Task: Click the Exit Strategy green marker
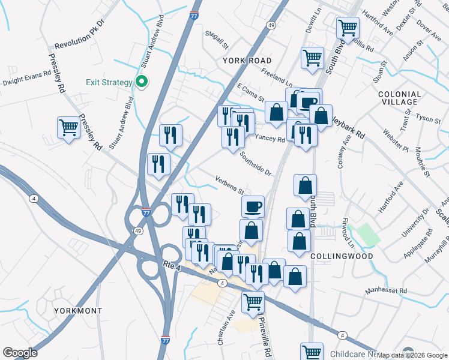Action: click(x=142, y=82)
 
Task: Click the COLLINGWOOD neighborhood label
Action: click(x=342, y=256)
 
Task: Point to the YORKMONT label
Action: click(x=78, y=311)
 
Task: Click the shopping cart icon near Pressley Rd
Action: click(x=69, y=127)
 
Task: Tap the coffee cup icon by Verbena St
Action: click(x=253, y=206)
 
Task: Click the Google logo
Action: click(x=20, y=352)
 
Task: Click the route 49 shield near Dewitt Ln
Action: click(x=271, y=25)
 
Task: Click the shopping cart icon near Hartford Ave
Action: click(x=348, y=28)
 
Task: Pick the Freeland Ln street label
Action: click(x=277, y=78)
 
